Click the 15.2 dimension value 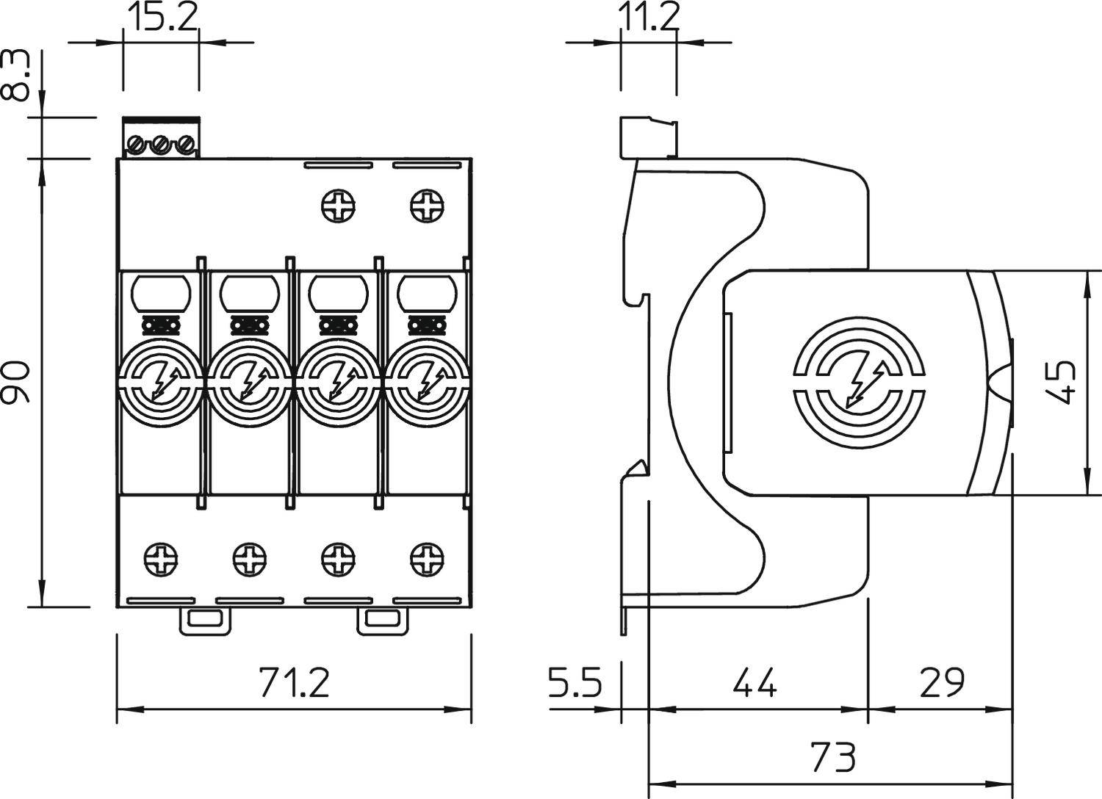[x=162, y=18]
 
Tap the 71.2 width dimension [x=294, y=682]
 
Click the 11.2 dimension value [x=647, y=18]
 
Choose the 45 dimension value [x=1061, y=382]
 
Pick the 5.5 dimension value [x=575, y=682]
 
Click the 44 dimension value [x=755, y=682]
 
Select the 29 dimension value [x=941, y=682]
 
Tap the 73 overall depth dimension [x=833, y=756]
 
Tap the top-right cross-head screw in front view [x=427, y=205]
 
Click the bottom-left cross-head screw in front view [x=160, y=559]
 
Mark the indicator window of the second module [x=249, y=294]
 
